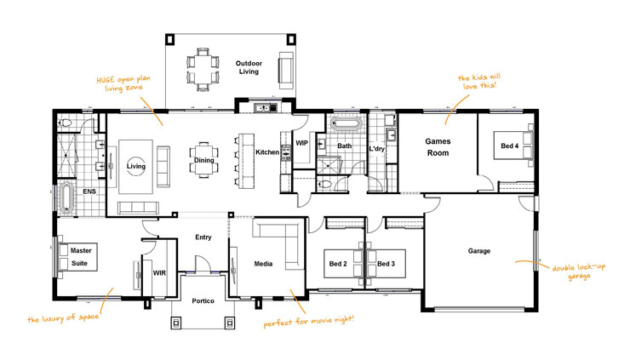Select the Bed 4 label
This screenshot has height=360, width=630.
point(509,146)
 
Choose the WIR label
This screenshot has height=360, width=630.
point(158,273)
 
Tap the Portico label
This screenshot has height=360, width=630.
point(203,302)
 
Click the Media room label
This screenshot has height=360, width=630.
point(263,264)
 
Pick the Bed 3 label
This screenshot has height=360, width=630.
point(387,263)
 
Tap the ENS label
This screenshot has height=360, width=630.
point(89,191)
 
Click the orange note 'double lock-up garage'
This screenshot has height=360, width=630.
point(581,271)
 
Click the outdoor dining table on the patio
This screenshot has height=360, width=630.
point(202,67)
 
